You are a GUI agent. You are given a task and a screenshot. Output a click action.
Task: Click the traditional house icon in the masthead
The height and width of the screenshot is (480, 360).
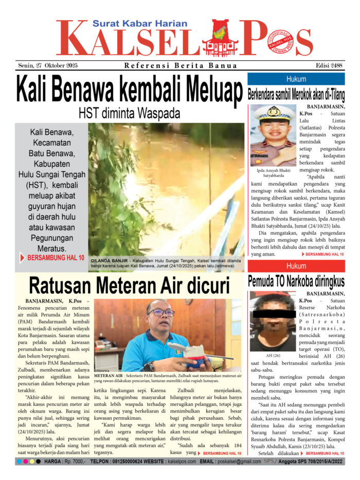(220, 39)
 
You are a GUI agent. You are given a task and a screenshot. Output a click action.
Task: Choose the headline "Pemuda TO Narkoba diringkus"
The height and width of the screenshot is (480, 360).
(296, 281)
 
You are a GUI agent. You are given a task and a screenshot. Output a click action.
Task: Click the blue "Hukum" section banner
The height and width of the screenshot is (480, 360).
(296, 79)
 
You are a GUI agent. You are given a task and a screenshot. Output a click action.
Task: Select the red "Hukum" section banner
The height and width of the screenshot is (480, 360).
(296, 266)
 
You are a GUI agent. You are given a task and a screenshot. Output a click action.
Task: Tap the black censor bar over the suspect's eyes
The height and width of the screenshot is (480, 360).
(266, 313)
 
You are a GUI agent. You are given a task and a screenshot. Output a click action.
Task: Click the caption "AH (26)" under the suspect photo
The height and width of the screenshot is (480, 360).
(266, 355)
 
